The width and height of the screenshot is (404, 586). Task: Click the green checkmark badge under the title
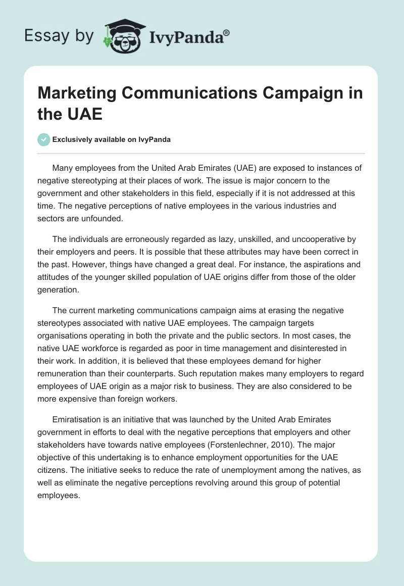(44, 140)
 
